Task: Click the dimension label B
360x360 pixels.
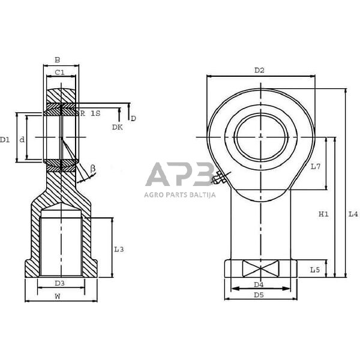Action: (x=57, y=60)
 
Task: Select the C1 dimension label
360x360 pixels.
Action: (x=60, y=73)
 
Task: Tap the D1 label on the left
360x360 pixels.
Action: (x=5, y=139)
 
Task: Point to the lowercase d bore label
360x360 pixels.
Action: (x=22, y=139)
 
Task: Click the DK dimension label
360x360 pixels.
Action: (x=116, y=127)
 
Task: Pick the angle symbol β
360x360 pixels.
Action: (x=92, y=169)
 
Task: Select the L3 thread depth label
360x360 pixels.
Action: (x=119, y=249)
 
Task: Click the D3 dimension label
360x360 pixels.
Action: (x=59, y=283)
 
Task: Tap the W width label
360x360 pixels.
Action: (x=58, y=296)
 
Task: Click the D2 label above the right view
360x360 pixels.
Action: (x=259, y=70)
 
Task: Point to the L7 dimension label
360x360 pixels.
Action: (x=316, y=166)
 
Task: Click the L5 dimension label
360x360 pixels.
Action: (x=315, y=270)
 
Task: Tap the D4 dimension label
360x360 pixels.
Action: (x=259, y=284)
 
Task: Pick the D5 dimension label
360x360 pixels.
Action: (x=259, y=295)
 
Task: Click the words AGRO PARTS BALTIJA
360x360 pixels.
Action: (x=179, y=194)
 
